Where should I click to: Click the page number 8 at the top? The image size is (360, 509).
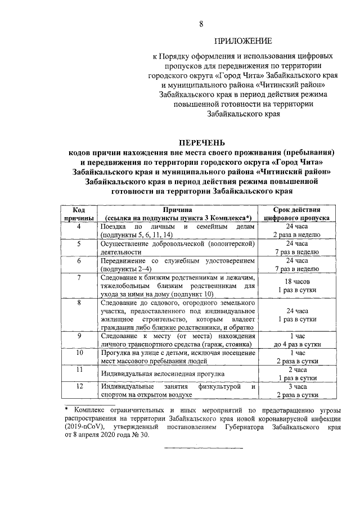point(200,23)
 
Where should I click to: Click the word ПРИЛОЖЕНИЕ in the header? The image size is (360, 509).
point(243,41)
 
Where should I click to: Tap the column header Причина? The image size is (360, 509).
point(178,208)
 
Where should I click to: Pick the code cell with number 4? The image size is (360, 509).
point(79,226)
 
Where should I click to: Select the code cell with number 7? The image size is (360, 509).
point(79,277)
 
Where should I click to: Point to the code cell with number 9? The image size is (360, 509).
point(79,336)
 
